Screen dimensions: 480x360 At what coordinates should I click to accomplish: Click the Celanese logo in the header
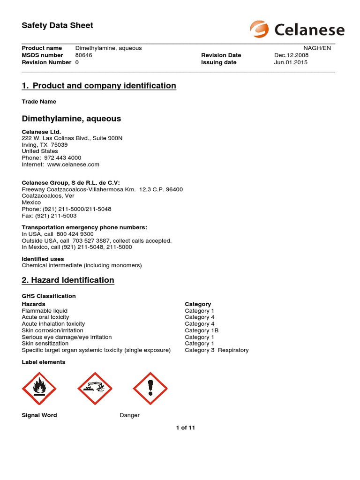(x=297, y=30)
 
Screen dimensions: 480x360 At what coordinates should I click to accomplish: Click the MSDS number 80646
(x=84, y=55)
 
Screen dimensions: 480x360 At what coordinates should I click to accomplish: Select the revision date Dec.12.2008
(x=291, y=55)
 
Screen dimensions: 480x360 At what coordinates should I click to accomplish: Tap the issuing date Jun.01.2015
(x=291, y=62)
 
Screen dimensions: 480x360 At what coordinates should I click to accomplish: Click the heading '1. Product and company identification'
(x=99, y=86)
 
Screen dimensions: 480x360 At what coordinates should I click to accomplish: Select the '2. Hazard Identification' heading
(x=68, y=280)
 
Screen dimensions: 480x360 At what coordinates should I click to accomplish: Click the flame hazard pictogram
(x=39, y=389)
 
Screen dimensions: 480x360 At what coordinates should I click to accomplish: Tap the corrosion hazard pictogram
(x=95, y=389)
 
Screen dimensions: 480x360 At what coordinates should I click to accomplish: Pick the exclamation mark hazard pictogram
(x=150, y=389)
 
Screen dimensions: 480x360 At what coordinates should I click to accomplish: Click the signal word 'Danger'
(x=129, y=415)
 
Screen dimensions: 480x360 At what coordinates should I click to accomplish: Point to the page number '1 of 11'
(x=186, y=427)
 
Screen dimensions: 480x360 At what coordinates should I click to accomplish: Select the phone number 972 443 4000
(x=62, y=158)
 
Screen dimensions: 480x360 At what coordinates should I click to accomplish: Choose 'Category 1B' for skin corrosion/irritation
(x=202, y=330)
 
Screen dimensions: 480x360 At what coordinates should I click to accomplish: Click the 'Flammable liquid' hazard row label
(x=45, y=311)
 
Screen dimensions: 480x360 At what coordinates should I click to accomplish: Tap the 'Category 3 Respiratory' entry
(x=217, y=350)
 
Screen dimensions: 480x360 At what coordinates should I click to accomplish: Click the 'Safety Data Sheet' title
(x=57, y=25)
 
